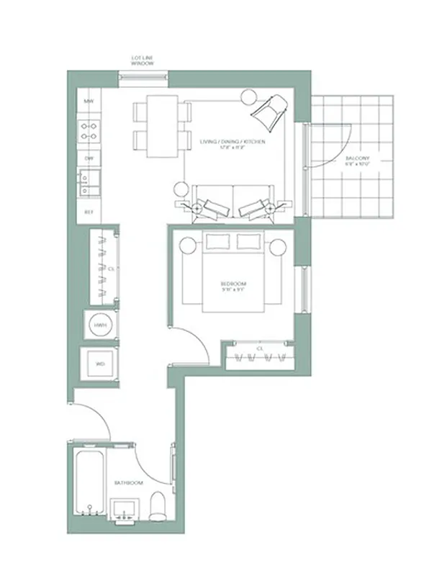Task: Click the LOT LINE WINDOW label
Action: [142, 60]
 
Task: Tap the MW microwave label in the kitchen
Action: [89, 102]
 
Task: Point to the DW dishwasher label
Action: [89, 158]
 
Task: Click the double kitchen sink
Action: [89, 182]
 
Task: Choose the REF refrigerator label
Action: [89, 212]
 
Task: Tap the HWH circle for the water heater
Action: [99, 327]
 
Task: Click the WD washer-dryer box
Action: [100, 364]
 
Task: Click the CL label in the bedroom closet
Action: [258, 348]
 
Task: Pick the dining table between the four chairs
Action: [162, 126]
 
